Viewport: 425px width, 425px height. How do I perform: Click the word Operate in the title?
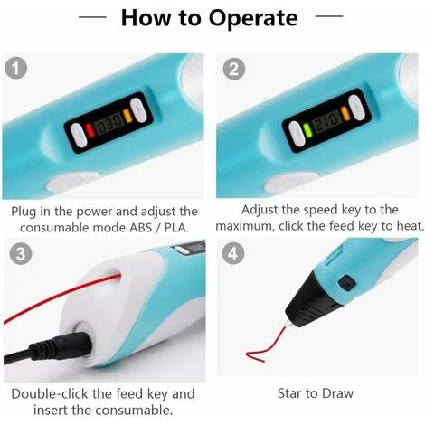tap(253, 19)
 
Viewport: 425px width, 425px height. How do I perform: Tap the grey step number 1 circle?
tap(16, 68)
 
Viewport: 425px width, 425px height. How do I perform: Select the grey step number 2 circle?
tap(234, 69)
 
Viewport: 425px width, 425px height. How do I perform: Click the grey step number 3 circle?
tap(21, 253)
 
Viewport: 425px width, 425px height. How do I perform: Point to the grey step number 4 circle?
tap(233, 253)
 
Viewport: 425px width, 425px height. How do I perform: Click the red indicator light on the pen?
tap(90, 130)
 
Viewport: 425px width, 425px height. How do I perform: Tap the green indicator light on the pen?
tap(307, 130)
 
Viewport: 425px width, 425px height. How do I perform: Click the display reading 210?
tap(326, 121)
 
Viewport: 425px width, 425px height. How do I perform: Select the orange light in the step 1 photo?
tap(127, 115)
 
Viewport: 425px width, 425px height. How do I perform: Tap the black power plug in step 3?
tap(48, 350)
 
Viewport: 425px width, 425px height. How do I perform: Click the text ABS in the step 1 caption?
tap(140, 228)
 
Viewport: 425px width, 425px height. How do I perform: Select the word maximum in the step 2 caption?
tap(245, 226)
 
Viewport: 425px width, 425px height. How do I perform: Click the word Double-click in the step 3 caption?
tap(50, 394)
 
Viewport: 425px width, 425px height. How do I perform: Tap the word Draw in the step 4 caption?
tap(337, 393)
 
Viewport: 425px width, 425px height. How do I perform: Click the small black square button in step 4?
tap(347, 283)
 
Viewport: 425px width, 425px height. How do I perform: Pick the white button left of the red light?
tap(79, 136)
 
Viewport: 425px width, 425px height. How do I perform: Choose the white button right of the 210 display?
tap(356, 108)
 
